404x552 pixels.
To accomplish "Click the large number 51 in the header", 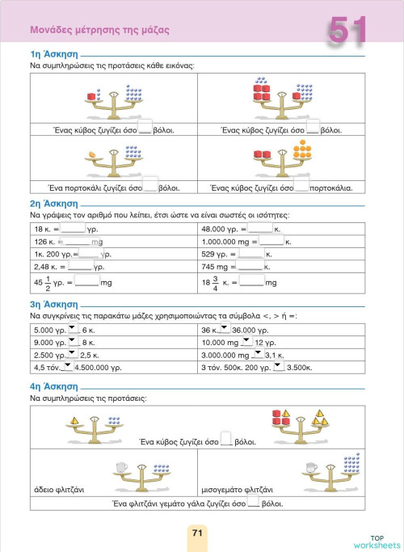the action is pyautogui.click(x=348, y=32).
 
